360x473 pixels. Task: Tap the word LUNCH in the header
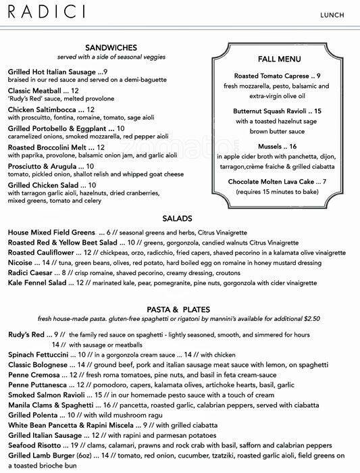(334, 14)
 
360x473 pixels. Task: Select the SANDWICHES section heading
(112, 47)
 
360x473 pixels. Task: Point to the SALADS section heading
(178, 218)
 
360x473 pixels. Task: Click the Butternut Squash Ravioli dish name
(269, 110)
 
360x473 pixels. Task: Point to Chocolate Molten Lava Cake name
(274, 181)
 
